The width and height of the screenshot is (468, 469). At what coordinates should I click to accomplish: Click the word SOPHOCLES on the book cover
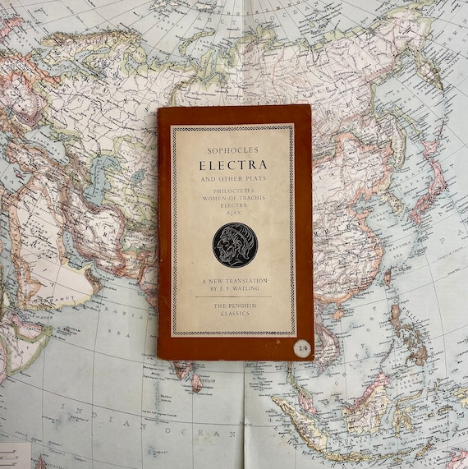(x=233, y=149)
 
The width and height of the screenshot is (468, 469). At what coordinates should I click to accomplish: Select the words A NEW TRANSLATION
(x=233, y=282)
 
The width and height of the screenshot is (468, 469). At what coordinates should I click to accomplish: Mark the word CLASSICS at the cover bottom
(x=233, y=314)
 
